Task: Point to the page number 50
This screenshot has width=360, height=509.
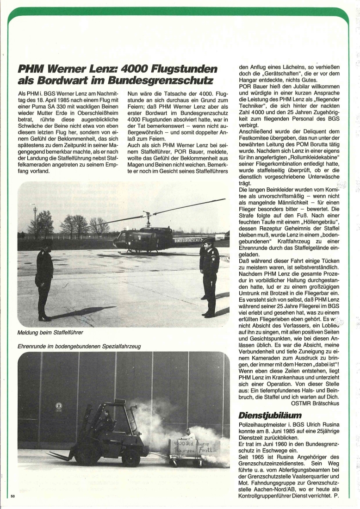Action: [x=12, y=497]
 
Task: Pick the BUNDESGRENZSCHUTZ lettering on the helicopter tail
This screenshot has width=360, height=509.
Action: [x=188, y=240]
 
